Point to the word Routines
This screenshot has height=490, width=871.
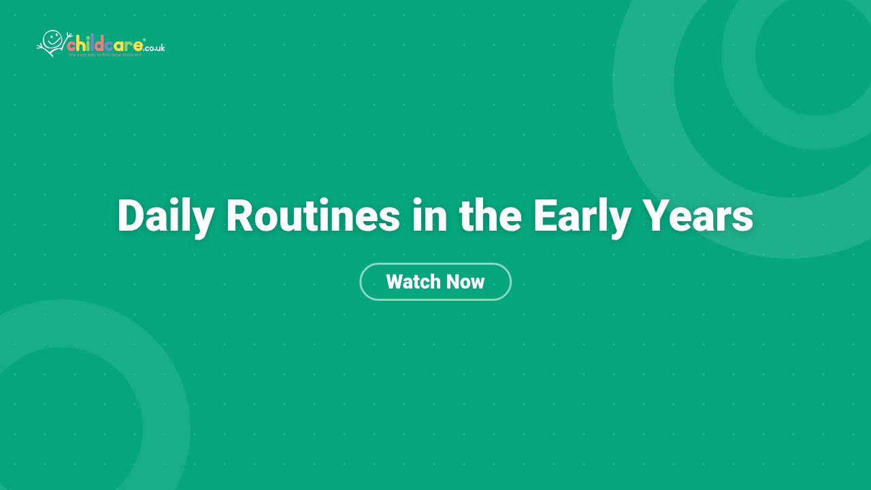(x=312, y=216)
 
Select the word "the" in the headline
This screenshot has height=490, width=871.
(x=490, y=216)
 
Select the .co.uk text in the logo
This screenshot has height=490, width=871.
(x=154, y=48)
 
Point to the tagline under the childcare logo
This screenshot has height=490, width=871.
(x=105, y=54)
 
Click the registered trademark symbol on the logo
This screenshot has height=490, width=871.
(x=144, y=40)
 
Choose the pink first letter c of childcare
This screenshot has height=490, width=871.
(x=71, y=46)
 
